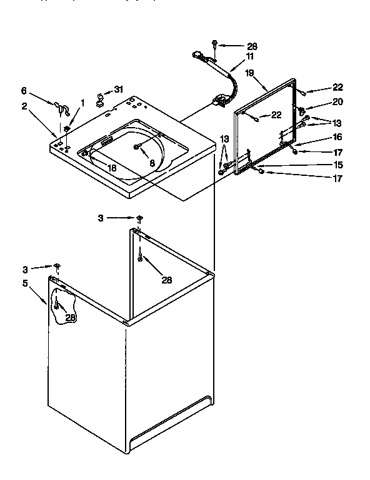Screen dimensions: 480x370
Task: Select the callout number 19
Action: click(x=249, y=73)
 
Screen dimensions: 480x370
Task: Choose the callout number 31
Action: click(x=119, y=89)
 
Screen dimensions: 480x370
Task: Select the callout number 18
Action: click(x=111, y=168)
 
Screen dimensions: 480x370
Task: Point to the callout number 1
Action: click(x=82, y=103)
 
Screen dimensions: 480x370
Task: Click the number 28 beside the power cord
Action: click(x=252, y=46)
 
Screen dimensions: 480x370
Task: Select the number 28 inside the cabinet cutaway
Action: click(x=71, y=318)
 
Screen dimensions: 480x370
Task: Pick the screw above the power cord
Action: click(x=215, y=44)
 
